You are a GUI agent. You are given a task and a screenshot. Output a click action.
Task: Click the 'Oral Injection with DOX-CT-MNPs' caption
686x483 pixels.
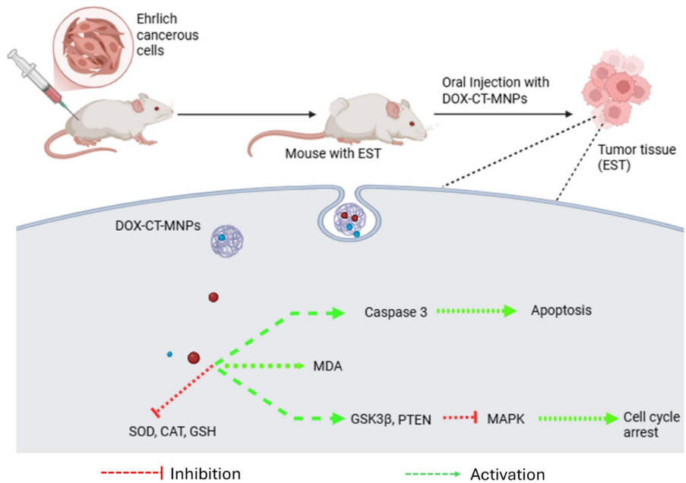[x=495, y=89]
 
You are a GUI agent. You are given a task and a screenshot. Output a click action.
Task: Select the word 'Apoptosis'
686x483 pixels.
[x=561, y=311]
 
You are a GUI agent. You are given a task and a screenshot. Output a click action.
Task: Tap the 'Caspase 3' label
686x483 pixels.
[x=391, y=311]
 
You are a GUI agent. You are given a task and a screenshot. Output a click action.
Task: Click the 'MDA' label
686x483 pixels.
[x=328, y=366]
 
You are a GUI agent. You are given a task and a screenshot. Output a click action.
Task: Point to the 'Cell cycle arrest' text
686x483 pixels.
[x=651, y=423]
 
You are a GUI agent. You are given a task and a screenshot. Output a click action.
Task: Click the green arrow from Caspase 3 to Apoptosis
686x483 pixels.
[x=469, y=311]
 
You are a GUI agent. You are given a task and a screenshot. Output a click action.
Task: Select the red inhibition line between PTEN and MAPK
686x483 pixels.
[x=458, y=417]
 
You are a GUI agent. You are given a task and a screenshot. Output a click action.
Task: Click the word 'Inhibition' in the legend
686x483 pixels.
[x=205, y=473]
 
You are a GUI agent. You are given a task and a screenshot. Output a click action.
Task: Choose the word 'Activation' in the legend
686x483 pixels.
[x=507, y=474]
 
